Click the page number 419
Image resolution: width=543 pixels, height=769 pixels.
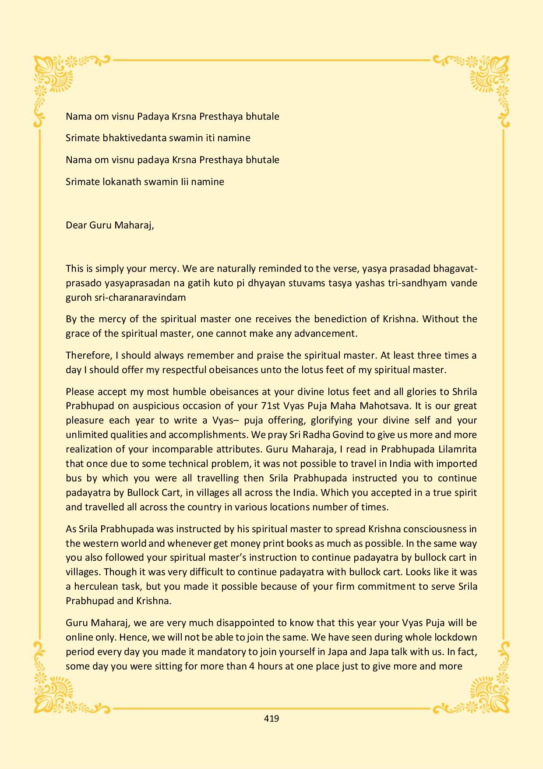coord(271,719)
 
